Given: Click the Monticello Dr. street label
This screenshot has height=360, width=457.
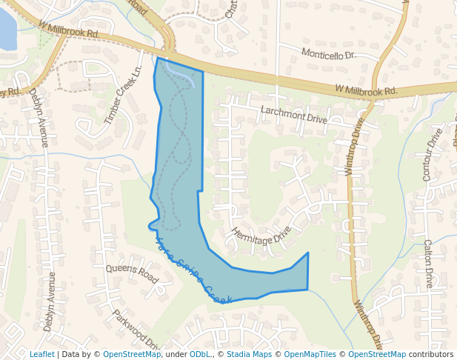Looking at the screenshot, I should (x=329, y=54).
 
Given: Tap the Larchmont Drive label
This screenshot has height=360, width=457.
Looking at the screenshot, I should (x=293, y=114).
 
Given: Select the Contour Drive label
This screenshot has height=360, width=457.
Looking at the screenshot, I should (x=432, y=155).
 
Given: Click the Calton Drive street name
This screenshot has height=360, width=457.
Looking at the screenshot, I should (x=428, y=263).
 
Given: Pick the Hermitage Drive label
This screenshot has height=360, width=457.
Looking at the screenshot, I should (x=261, y=236).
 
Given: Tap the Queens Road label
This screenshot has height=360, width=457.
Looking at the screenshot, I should (x=133, y=273).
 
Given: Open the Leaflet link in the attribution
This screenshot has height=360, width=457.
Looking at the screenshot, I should (x=41, y=354).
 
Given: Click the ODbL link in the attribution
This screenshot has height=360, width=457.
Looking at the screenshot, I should (x=200, y=354).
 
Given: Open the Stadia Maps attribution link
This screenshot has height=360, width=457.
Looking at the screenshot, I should (x=249, y=354).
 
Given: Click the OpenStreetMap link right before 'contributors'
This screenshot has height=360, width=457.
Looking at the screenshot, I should (x=377, y=354).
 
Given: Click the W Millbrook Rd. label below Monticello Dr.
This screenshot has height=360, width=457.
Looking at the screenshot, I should (x=366, y=90).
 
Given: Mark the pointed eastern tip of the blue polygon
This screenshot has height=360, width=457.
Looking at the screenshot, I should (x=308, y=253).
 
